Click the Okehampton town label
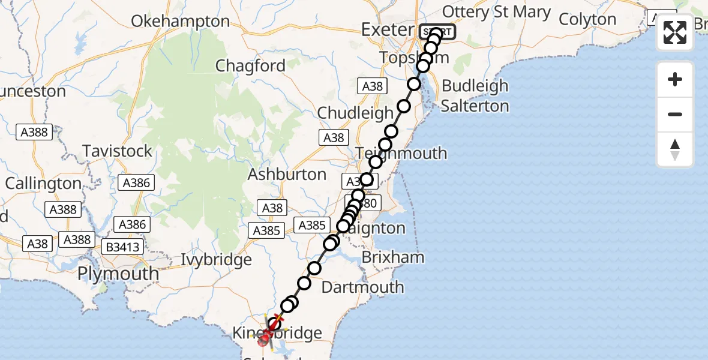tap(180, 22)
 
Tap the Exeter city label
tap(388, 29)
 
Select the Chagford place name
tap(250, 65)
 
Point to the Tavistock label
tap(118, 151)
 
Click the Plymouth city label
tap(119, 274)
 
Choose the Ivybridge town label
tap(217, 260)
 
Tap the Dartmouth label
tap(362, 287)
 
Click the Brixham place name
tap(393, 257)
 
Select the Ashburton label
tap(287, 175)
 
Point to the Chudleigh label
tap(355, 112)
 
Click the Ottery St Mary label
tap(496, 12)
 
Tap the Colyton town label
tap(587, 19)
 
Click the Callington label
tap(43, 184)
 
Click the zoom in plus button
tap(675, 79)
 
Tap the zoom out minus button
tap(675, 114)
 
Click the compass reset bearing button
tap(675, 149)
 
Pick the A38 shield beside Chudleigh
tap(373, 86)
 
